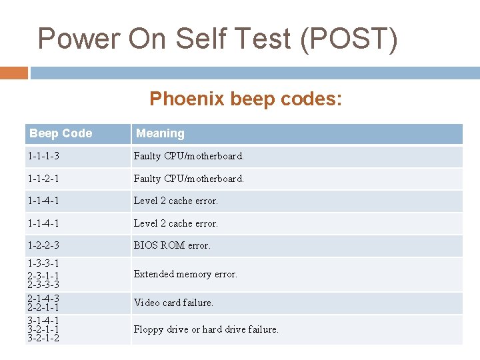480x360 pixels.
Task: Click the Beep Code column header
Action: click(x=61, y=133)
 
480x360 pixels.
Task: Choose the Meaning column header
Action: click(x=160, y=133)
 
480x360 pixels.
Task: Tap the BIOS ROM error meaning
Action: click(x=172, y=245)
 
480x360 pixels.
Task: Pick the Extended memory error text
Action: click(x=185, y=274)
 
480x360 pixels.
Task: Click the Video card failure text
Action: click(x=173, y=303)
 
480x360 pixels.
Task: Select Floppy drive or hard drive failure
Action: click(x=206, y=329)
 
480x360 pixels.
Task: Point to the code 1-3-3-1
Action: click(x=43, y=263)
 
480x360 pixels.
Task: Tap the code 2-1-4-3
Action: click(x=43, y=298)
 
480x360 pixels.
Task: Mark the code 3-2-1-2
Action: click(x=43, y=338)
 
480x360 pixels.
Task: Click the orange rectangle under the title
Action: click(x=14, y=73)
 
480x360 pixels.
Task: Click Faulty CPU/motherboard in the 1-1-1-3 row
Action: click(x=189, y=157)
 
